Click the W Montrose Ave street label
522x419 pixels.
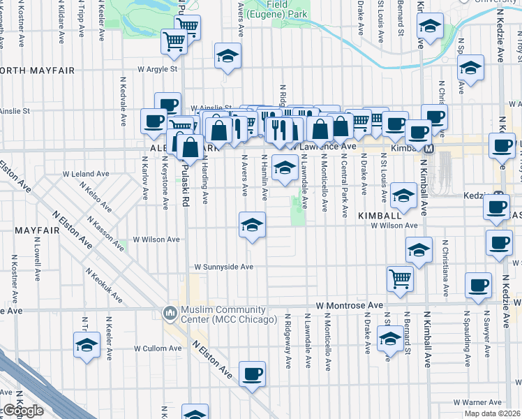[349, 306]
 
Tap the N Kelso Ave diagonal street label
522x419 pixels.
[96, 198]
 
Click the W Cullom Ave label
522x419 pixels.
[158, 348]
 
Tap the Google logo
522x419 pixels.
[23, 411]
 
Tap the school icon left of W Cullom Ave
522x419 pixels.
[87, 344]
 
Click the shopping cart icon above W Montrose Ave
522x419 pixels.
[401, 278]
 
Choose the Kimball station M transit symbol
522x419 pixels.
[429, 148]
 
